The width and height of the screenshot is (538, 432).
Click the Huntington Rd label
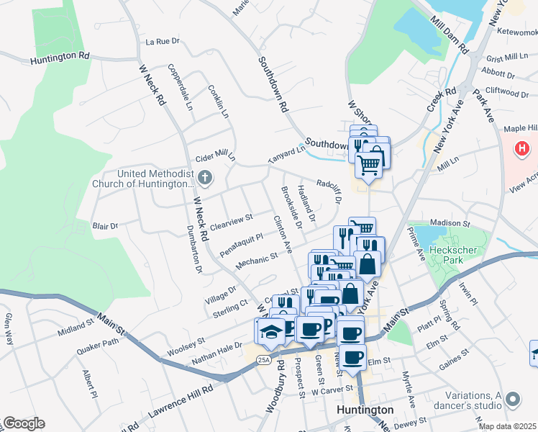point(60,55)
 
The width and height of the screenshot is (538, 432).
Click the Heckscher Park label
point(450,255)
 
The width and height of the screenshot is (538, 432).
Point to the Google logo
point(24,423)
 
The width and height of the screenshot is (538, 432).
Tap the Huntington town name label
point(365,410)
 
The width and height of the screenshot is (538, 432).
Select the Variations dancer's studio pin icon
point(512,398)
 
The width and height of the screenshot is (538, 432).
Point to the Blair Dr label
point(105,226)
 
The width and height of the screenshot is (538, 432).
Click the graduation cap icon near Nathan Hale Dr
point(270,331)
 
